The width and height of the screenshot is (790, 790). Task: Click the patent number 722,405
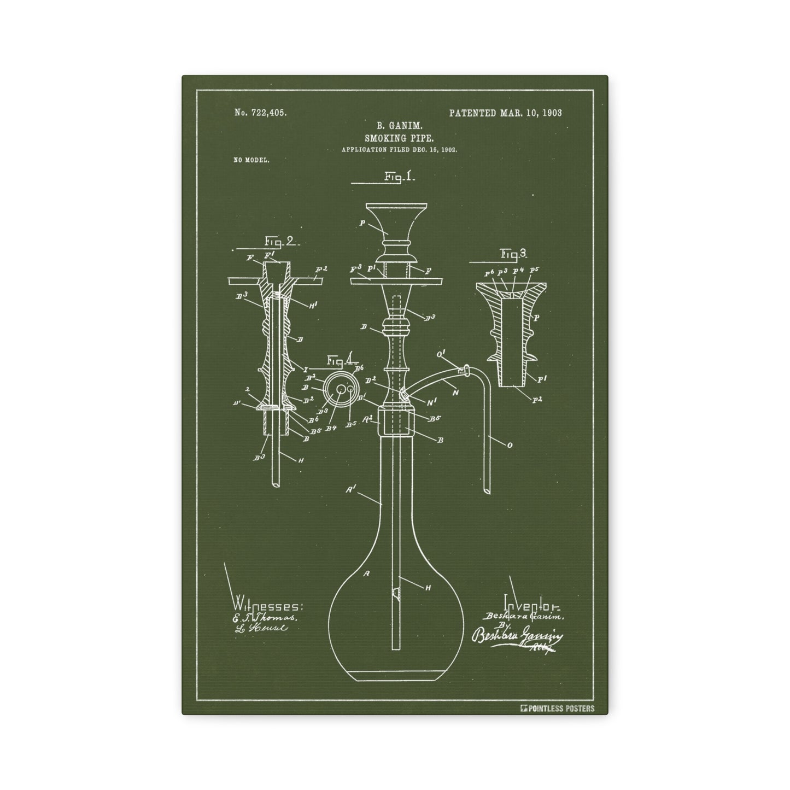point(260,113)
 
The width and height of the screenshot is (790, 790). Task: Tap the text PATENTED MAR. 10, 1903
point(505,113)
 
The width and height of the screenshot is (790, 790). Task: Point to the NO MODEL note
point(251,161)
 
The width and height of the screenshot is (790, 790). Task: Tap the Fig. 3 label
point(513,254)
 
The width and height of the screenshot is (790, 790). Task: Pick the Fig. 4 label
point(342,361)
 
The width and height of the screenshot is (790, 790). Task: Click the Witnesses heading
point(267,606)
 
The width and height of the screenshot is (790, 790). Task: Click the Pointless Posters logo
point(558,709)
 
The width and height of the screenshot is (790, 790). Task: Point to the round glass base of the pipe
point(395,618)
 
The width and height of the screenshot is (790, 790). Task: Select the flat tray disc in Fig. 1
point(396,280)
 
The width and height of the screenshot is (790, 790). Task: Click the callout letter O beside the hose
point(510,446)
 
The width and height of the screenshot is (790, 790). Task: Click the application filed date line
point(399,149)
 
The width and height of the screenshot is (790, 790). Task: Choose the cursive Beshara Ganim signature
point(517,638)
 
